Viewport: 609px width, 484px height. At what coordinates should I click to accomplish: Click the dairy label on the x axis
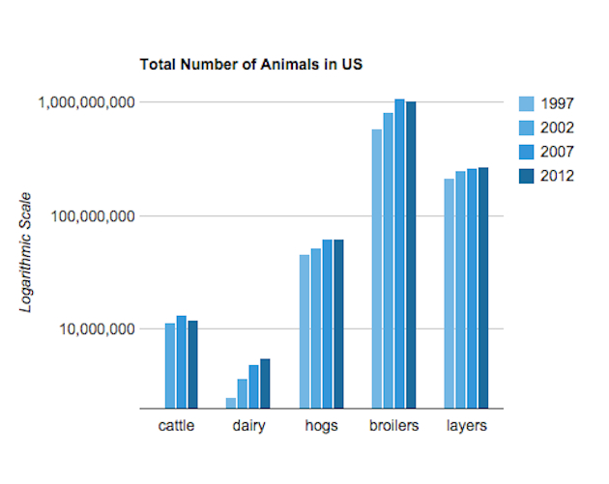[248, 426]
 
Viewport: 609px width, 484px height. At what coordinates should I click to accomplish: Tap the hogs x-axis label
[321, 426]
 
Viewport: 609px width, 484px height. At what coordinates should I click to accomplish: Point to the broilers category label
[394, 426]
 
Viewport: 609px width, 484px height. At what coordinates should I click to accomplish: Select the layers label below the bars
[466, 426]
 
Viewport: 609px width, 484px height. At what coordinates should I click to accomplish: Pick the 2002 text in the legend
[558, 128]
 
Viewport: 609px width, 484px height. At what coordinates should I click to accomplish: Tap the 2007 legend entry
[558, 152]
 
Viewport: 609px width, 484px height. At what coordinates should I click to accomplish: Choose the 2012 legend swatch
[527, 175]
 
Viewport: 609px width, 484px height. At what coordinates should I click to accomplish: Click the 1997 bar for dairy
[231, 403]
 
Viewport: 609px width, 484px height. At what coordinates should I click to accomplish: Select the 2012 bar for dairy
[265, 384]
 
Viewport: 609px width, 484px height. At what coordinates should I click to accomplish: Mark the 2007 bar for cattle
[181, 362]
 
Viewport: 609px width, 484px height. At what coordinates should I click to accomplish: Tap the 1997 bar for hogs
[304, 331]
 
